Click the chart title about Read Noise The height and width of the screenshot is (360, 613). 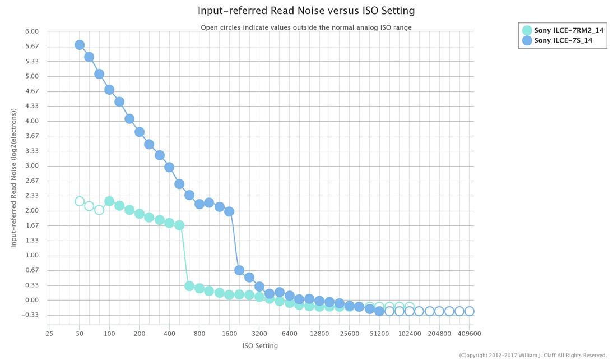tap(306, 11)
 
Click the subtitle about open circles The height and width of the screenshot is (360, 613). tap(306, 27)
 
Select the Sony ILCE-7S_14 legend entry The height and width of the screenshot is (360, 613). tap(563, 40)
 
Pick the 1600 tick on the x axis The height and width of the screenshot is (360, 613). tap(229, 334)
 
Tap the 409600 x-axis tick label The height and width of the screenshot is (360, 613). tap(469, 334)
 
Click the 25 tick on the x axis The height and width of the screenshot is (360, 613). tap(49, 334)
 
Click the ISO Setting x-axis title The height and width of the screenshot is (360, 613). tap(260, 346)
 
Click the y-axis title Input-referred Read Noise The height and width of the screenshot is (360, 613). tap(13, 178)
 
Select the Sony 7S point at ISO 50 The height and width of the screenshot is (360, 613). tap(80, 45)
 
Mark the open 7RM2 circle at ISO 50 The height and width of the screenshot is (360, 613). tap(80, 201)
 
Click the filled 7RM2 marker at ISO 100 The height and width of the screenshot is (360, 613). tap(109, 201)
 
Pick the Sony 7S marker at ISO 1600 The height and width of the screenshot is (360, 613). tap(229, 211)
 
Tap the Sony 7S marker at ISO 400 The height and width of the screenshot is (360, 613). tap(169, 167)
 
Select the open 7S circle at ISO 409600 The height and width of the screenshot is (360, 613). tap(469, 311)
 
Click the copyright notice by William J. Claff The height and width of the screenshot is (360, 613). tap(532, 355)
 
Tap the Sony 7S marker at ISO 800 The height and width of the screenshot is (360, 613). tap(199, 204)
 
